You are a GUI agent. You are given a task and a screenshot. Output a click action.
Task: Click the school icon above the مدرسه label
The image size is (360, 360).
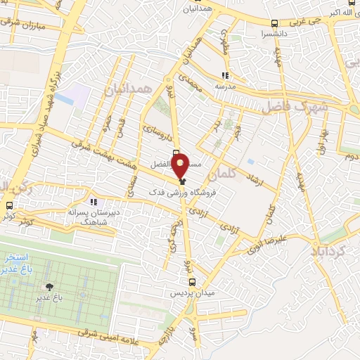pyautogui.click(x=225, y=75)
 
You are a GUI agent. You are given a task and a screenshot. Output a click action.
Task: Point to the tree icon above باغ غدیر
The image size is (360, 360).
pyautogui.click(x=49, y=287)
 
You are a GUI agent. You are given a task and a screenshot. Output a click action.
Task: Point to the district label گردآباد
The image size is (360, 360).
pyautogui.click(x=329, y=251)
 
